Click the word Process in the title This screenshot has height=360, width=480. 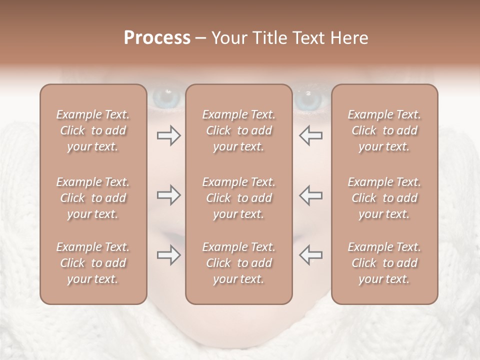(157, 38)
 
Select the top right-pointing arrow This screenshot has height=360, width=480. (168, 135)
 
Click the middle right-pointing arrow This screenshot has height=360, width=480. (168, 195)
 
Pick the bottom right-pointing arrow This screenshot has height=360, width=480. (168, 255)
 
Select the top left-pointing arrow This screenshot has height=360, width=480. (310, 135)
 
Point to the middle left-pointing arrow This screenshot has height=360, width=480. (310, 195)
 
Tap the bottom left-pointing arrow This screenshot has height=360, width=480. (310, 255)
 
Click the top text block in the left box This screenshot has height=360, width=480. (93, 130)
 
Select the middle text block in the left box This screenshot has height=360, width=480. (93, 198)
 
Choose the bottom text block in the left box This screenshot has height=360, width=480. (93, 263)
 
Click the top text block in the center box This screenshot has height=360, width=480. (238, 130)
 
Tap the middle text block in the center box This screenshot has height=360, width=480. (238, 198)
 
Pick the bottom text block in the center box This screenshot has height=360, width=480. (238, 263)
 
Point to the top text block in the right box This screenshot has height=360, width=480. (384, 130)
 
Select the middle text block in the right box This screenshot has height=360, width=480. (384, 198)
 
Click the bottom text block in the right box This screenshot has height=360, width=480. (384, 263)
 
